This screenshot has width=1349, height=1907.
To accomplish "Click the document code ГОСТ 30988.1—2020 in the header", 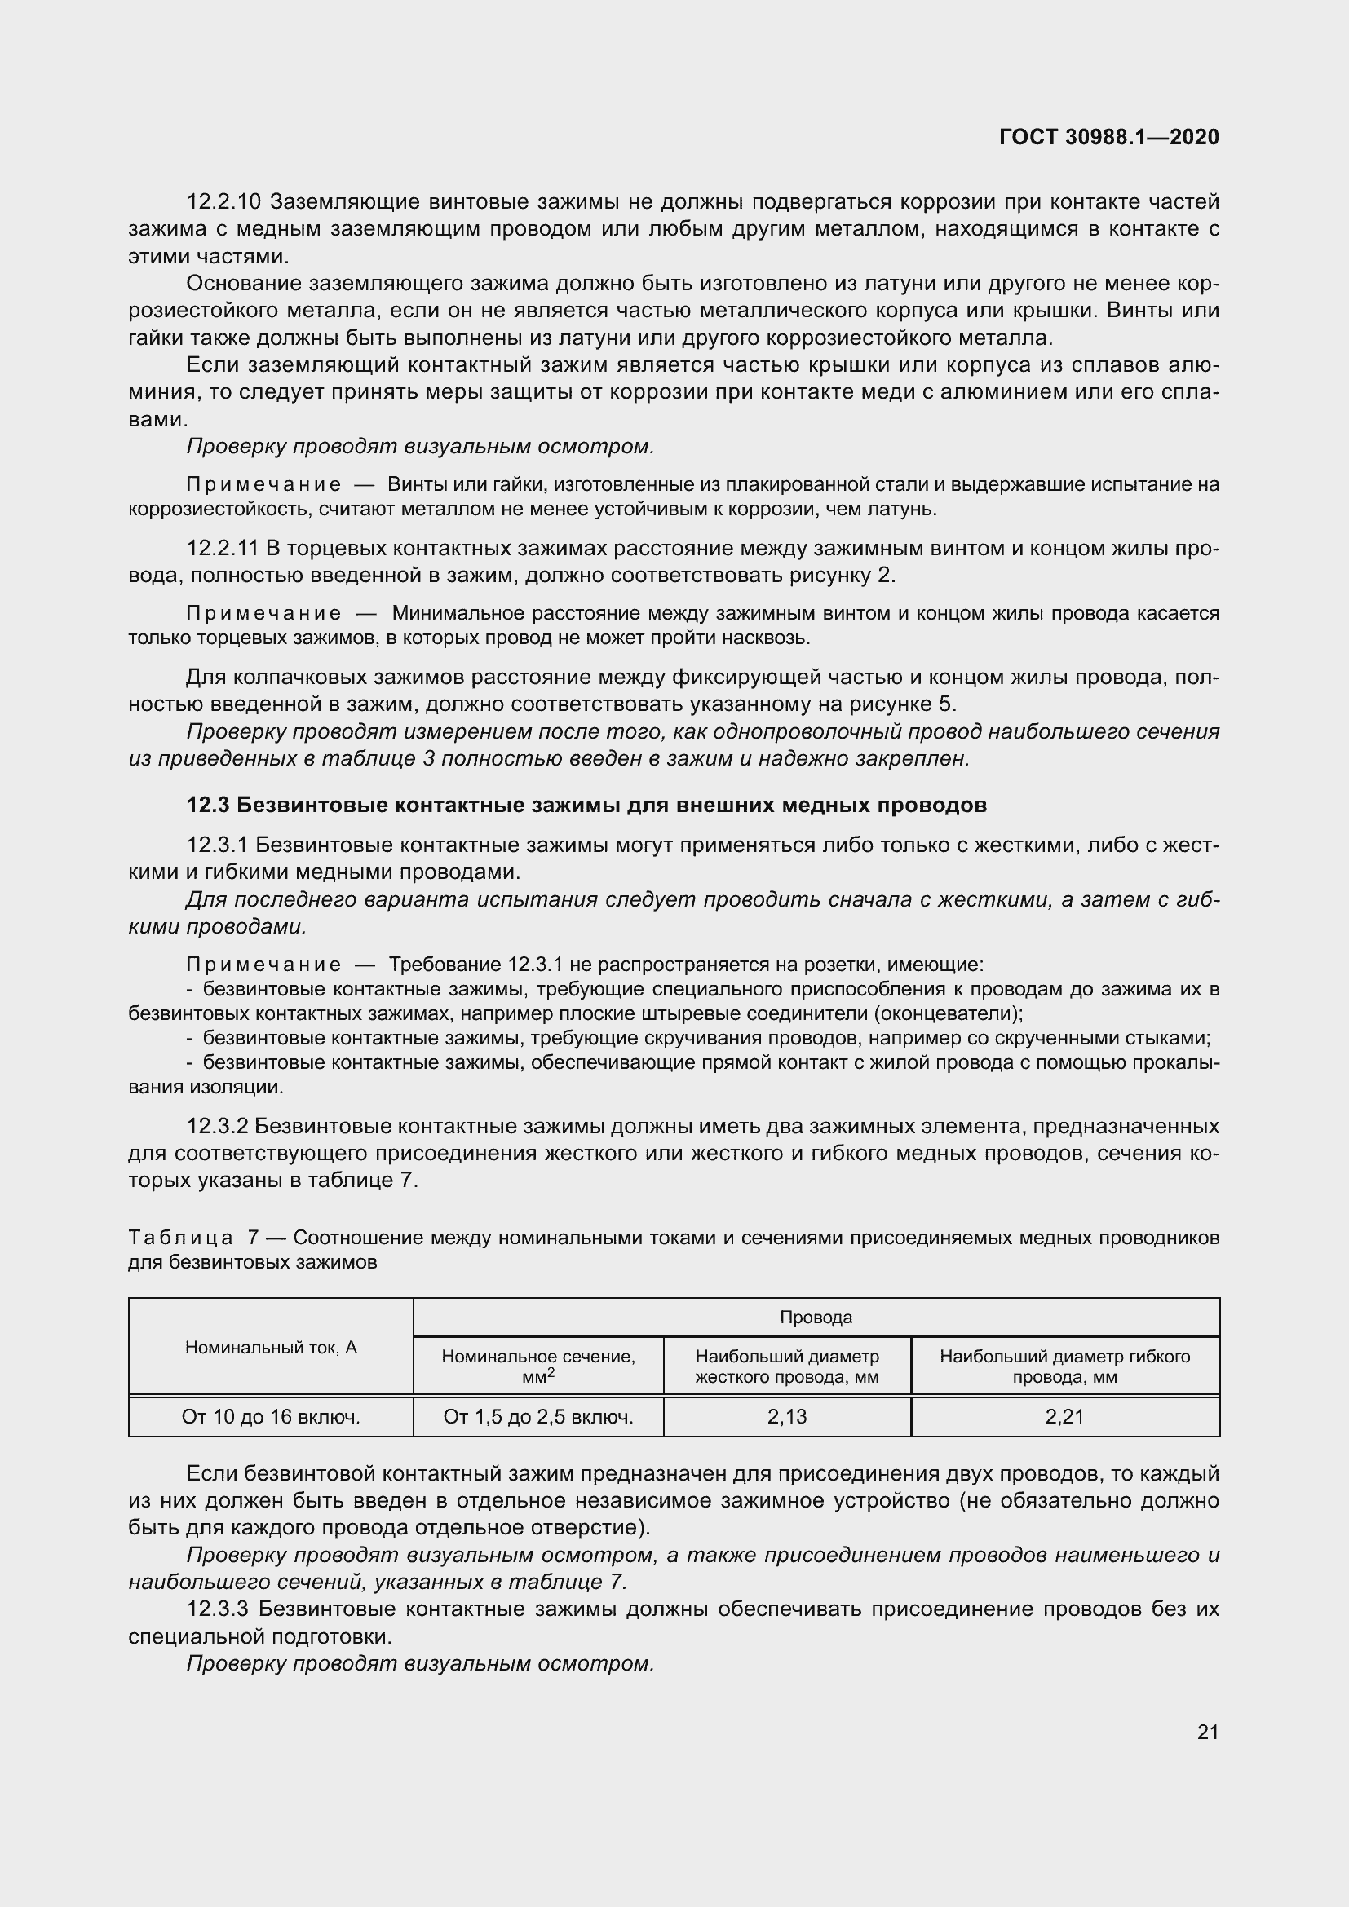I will coord(1109,137).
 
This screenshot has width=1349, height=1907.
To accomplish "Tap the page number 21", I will coord(1208,1732).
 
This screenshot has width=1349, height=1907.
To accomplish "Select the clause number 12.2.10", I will coord(223,202).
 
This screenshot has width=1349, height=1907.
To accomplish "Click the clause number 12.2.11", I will coord(223,548).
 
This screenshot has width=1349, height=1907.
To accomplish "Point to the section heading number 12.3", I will coord(208,805).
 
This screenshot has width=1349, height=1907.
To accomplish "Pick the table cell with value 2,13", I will coord(786,1416).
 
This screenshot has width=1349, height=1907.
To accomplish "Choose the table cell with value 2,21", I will coord(1064,1416).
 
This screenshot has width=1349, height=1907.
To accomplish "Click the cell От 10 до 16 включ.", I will coord(271,1416).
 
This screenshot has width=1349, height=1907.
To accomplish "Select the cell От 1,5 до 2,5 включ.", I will coord(538,1416).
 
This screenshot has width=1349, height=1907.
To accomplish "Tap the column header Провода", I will coord(816,1318).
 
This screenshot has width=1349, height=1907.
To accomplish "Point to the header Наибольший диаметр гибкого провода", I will coord(1064,1366).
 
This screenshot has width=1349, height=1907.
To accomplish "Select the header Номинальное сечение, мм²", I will coord(538,1366).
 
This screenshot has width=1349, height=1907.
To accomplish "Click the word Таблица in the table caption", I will coord(181,1238).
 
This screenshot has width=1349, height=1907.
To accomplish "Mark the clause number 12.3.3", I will coord(218,1609).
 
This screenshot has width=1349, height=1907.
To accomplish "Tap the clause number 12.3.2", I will coord(218,1126).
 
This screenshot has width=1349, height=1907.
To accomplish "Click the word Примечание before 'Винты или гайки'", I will coord(263,485).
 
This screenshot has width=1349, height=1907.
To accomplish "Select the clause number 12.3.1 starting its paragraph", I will coord(218,845).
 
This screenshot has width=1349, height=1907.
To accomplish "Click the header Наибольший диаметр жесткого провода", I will coord(786,1366).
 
